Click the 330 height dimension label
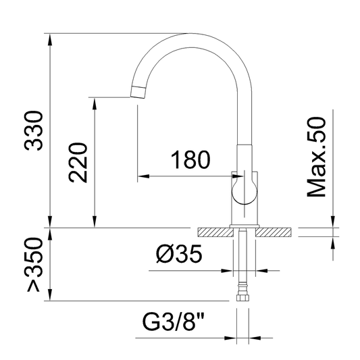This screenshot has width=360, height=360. (34, 130)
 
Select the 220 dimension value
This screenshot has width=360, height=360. (78, 163)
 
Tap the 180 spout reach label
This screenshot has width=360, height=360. (190, 160)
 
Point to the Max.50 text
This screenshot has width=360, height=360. (316, 157)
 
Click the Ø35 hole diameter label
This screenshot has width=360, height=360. (179, 253)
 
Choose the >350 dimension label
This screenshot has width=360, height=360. (34, 265)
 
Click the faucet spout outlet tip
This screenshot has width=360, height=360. (138, 92)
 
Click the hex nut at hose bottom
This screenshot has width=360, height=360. (242, 298)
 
